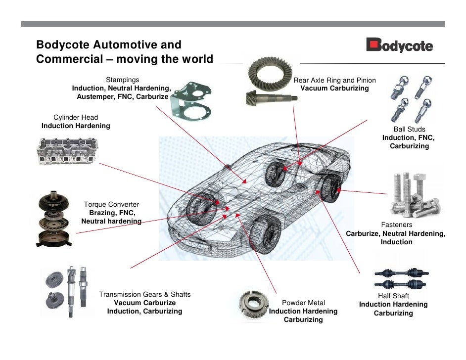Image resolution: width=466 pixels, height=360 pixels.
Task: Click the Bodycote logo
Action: coord(399,46)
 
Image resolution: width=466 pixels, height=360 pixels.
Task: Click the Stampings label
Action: coord(122,80)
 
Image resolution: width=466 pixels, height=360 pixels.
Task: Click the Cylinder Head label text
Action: coord(76,117)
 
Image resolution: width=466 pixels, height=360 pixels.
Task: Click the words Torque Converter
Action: coord(111,204)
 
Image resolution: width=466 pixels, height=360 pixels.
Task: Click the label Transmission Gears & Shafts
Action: coord(144,294)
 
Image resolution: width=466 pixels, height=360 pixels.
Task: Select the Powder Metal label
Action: coord(303,302)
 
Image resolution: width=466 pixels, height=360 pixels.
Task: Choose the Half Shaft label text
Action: coord(393,296)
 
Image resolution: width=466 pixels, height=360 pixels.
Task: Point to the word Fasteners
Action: coord(396,224)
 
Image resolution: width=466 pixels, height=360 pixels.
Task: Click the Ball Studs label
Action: coord(409,129)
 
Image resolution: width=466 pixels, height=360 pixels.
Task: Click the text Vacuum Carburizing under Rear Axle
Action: coord(334,88)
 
